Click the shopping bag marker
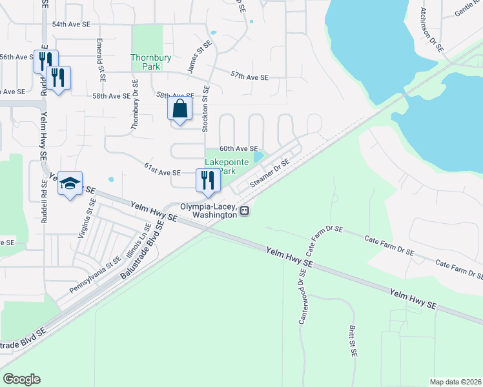click(180, 110)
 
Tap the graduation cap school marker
click(70, 184)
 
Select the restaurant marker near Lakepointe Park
click(207, 180)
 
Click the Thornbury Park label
click(151, 63)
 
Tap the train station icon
click(245, 211)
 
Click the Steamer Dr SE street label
click(269, 175)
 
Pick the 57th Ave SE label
click(249, 77)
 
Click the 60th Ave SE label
click(239, 148)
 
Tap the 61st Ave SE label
click(161, 172)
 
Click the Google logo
click(21, 379)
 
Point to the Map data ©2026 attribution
click(455, 382)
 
